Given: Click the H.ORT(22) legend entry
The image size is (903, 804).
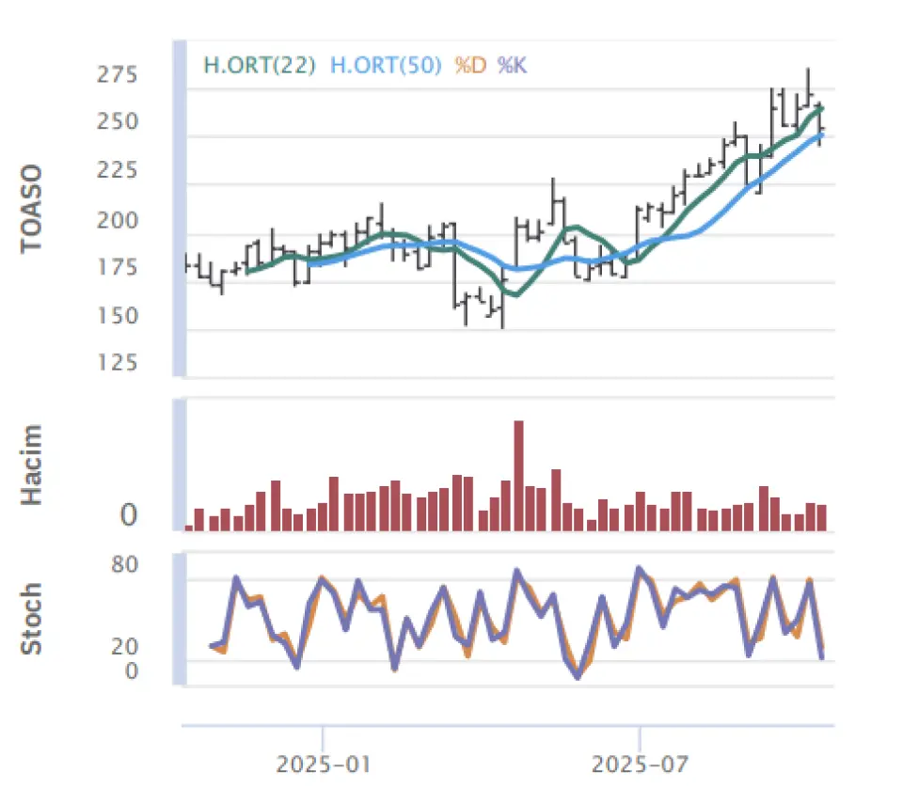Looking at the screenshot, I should click(259, 66).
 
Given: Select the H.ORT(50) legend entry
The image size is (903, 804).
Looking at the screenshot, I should click(386, 66).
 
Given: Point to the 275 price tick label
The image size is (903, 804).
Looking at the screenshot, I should click(117, 74).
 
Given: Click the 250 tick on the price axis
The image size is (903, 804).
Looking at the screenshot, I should click(117, 122).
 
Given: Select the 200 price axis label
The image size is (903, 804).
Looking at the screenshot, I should click(117, 220).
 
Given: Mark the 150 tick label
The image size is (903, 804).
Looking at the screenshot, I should click(117, 316).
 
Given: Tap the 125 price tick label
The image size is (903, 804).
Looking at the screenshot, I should click(117, 363).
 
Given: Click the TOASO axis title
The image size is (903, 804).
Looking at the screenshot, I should click(33, 208).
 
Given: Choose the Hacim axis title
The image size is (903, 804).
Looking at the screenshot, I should click(33, 465).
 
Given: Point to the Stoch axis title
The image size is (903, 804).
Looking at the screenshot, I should click(33, 619).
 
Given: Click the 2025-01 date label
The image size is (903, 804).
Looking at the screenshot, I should click(323, 764).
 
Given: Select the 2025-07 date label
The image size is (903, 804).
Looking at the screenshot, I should click(639, 764).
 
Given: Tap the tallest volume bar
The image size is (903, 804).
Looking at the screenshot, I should click(518, 475).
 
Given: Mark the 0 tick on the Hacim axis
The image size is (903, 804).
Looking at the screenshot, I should click(129, 515).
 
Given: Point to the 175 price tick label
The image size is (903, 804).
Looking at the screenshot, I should click(117, 268).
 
